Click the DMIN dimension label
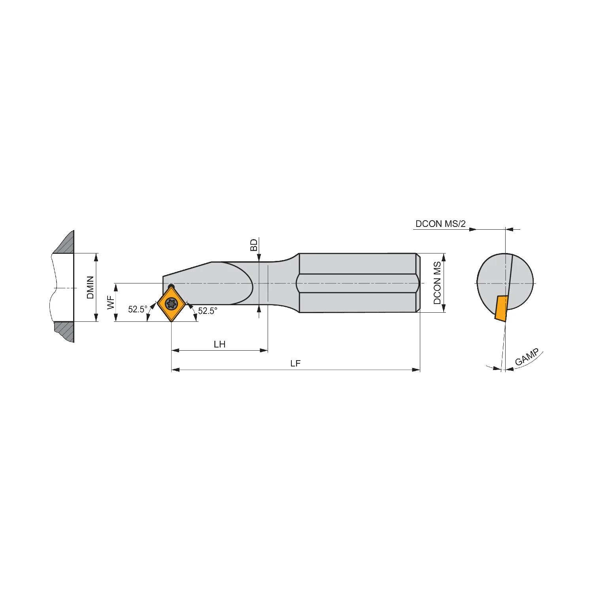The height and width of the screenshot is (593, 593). (91, 287)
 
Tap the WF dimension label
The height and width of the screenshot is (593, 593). (111, 302)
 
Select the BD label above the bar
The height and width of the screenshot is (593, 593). (254, 245)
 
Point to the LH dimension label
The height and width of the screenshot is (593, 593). (219, 344)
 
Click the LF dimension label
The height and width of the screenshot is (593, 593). (295, 363)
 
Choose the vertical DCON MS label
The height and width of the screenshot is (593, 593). (437, 283)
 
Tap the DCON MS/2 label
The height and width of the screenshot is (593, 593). (440, 224)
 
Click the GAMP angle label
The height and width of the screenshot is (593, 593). (527, 357)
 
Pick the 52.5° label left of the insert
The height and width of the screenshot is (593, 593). (138, 309)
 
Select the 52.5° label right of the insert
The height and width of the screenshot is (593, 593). (208, 311)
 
